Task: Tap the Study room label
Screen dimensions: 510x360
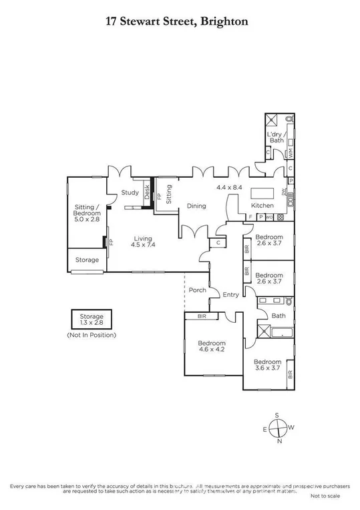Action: pyautogui.click(x=130, y=193)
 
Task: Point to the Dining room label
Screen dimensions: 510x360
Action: pyautogui.click(x=196, y=206)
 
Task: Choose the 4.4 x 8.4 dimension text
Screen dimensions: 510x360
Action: pyautogui.click(x=227, y=188)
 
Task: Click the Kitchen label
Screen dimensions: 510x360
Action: pyautogui.click(x=261, y=205)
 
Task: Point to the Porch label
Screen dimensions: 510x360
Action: pyautogui.click(x=197, y=290)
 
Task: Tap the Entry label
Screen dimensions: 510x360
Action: pyautogui.click(x=230, y=295)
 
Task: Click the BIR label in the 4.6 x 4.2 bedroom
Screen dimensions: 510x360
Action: pyautogui.click(x=201, y=316)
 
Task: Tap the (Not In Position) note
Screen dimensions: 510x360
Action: pyautogui.click(x=92, y=334)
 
